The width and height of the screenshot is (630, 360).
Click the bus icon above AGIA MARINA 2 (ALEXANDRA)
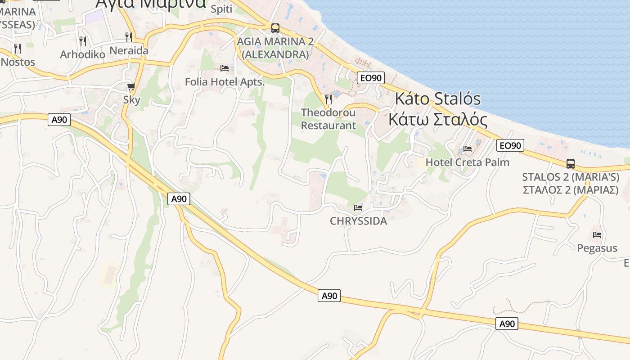[275, 28]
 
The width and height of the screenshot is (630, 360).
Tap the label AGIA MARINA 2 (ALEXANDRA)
[275, 48]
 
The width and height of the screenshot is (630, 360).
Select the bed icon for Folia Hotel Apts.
[225, 68]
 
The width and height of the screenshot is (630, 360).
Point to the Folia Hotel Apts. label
[225, 82]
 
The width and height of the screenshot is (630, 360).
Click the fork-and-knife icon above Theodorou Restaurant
[328, 99]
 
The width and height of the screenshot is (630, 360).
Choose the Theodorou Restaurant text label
[328, 119]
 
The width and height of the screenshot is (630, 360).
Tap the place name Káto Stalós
[438, 99]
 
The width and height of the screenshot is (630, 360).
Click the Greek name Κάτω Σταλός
[438, 120]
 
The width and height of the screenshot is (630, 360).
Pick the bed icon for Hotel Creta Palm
[468, 149]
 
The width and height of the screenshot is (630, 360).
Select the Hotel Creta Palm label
[468, 162]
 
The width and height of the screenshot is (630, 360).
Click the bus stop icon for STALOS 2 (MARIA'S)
[571, 163]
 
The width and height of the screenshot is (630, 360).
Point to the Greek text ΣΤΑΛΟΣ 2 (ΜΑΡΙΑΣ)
[571, 189]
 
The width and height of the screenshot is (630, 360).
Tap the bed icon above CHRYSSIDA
[358, 207]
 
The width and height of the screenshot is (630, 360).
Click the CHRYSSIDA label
[358, 221]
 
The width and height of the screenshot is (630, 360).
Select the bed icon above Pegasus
[597, 234]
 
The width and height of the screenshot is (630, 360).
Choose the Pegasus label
[597, 248]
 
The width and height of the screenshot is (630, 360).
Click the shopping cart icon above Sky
[131, 86]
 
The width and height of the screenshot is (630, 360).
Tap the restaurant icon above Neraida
[129, 37]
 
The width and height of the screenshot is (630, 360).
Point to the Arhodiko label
[83, 54]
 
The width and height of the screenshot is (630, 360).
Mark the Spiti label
[221, 9]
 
